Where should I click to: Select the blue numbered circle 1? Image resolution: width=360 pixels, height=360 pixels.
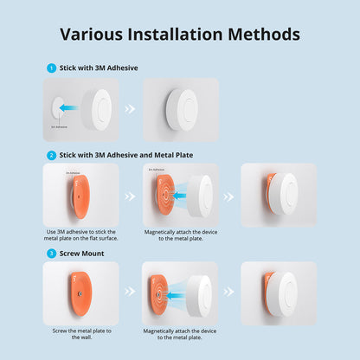(51, 67)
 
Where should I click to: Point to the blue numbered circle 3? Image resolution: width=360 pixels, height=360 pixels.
(51, 254)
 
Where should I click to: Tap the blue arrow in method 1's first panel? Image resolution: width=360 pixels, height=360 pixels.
(69, 109)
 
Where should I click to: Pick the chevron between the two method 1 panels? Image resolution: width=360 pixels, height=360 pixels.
(130, 110)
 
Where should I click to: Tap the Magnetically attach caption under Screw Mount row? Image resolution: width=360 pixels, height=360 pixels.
(179, 335)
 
